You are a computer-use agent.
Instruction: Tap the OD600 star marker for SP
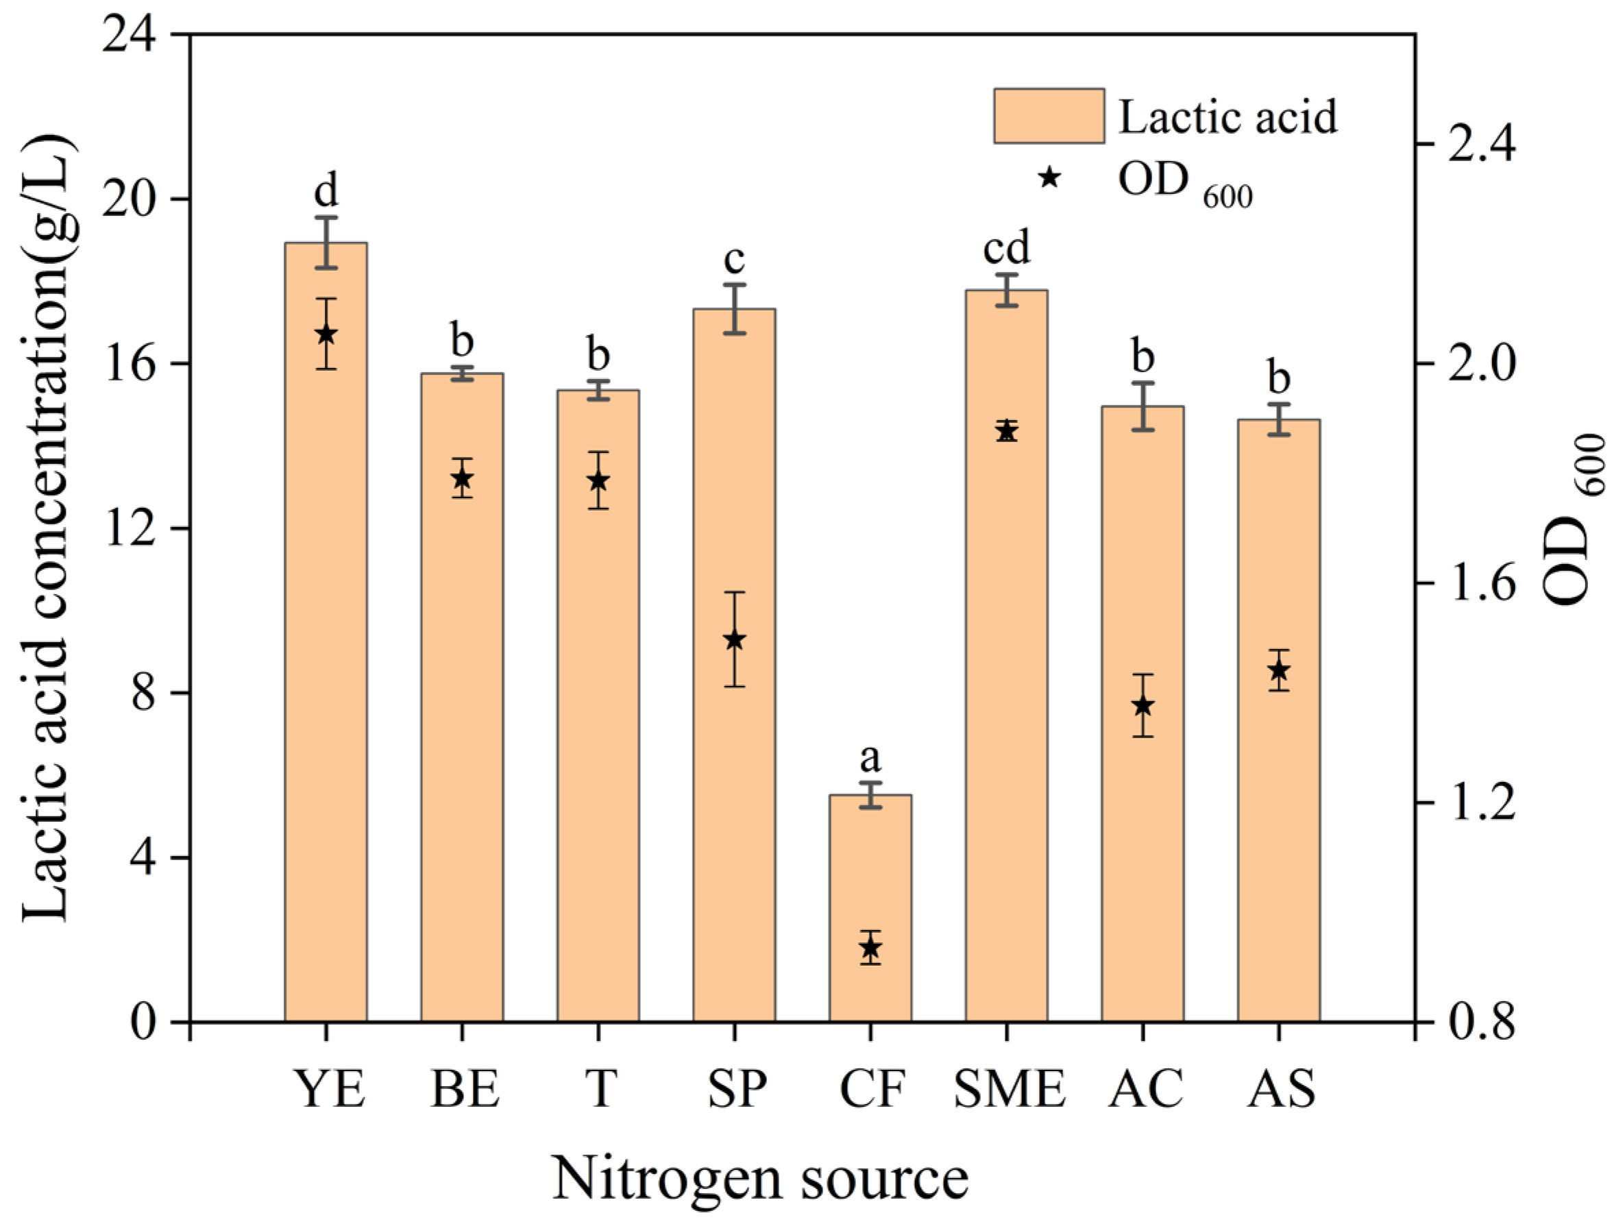click(734, 639)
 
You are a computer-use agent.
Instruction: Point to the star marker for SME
click(1006, 431)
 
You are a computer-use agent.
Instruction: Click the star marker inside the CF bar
click(870, 948)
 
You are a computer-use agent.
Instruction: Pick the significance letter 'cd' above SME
click(1006, 248)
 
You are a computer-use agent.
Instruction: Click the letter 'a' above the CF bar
click(870, 758)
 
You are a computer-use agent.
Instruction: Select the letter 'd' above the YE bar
click(326, 191)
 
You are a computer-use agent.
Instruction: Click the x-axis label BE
click(465, 1089)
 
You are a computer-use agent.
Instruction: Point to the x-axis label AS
click(1282, 1089)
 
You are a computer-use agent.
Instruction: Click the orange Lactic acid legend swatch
click(1049, 116)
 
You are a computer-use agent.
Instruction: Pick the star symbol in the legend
click(1049, 178)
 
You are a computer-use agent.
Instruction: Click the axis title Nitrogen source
click(759, 1179)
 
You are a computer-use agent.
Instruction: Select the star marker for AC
click(1142, 705)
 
